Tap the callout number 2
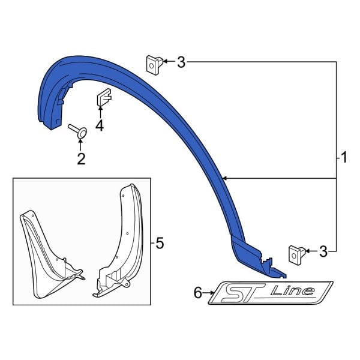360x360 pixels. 80,158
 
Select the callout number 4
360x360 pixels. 99,125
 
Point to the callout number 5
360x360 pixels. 159,243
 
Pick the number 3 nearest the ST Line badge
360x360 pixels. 323,252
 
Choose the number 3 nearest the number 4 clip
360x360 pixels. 181,62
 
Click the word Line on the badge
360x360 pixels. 292,292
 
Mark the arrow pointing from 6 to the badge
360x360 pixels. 211,293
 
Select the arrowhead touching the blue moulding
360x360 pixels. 224,178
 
